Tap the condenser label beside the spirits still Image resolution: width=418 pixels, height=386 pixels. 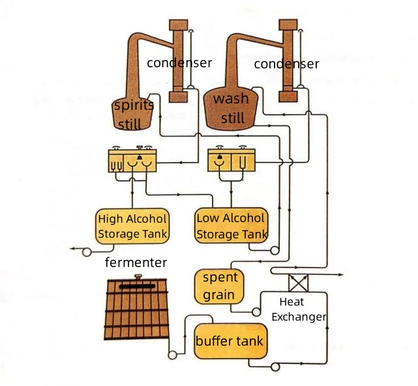(x=179, y=63)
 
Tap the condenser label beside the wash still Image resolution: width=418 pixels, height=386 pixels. (x=286, y=63)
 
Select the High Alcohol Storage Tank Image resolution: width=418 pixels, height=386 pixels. (x=132, y=225)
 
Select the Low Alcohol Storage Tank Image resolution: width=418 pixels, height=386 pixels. (x=231, y=225)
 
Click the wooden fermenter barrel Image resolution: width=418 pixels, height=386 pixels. (x=136, y=314)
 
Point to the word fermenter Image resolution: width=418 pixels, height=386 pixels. (x=136, y=263)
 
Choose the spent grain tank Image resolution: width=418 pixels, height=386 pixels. (x=220, y=286)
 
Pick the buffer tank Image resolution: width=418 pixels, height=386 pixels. (x=230, y=340)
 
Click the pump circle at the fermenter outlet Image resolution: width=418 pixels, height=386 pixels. (x=173, y=355)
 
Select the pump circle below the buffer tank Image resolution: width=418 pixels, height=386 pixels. (x=275, y=366)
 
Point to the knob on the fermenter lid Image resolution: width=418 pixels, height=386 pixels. (x=138, y=278)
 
